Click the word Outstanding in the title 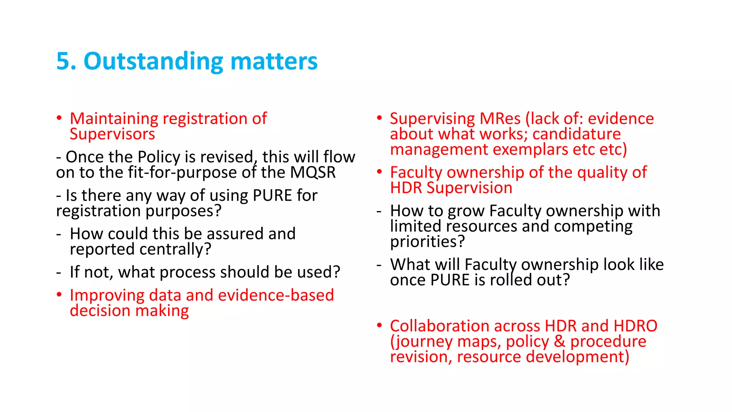tap(153, 61)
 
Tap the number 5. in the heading tap(66, 61)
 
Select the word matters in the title tap(274, 61)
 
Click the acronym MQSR tap(313, 172)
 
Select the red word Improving tap(107, 295)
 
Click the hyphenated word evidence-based tap(276, 295)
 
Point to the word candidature tap(577, 134)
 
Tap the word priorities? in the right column tap(427, 242)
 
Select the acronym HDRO tap(635, 326)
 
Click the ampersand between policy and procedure tap(559, 342)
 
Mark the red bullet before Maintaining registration tap(59, 118)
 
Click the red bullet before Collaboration tap(380, 325)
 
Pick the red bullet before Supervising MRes tap(380, 118)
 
